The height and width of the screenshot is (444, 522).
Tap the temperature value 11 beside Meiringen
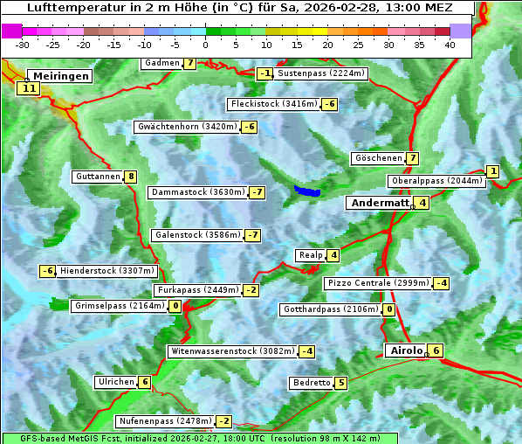[29, 88]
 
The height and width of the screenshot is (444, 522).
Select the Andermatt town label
[380, 203]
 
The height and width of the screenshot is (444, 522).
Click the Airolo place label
[406, 350]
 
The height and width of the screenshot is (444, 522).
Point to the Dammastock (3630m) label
[197, 192]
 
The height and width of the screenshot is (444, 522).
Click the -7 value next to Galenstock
[252, 235]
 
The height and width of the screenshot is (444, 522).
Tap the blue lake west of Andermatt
[307, 191]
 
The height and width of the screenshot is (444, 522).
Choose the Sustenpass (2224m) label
[321, 73]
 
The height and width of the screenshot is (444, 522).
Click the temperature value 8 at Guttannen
[131, 177]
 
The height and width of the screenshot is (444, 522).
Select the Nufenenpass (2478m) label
[164, 421]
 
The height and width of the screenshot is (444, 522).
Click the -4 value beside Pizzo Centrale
[442, 283]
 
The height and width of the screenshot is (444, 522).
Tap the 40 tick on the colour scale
[450, 45]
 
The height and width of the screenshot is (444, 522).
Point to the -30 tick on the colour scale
[23, 45]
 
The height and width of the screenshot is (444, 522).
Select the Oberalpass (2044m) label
[436, 181]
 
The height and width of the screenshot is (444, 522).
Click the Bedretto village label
[312, 383]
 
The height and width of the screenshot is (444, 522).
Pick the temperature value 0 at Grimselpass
[175, 306]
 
